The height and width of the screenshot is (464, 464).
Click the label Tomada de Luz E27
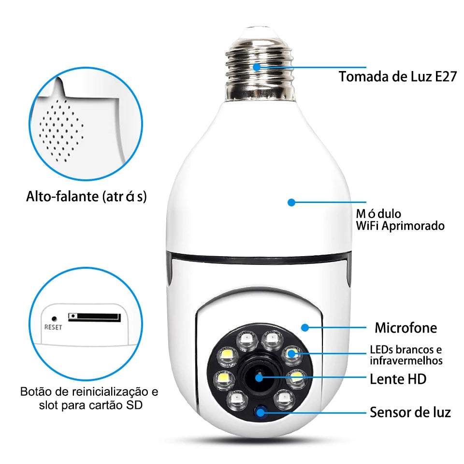coord(397,76)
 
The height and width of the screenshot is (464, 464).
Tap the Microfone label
coord(406,328)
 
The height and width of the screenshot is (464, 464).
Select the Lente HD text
coord(398,379)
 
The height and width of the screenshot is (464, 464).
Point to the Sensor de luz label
coord(410,412)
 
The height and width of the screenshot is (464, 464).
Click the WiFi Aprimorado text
coord(400,225)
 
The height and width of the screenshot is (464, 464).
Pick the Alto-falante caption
coord(87,197)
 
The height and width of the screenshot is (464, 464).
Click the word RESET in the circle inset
coord(53,327)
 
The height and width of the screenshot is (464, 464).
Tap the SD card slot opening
coord(94,317)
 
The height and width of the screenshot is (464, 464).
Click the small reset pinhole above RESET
coord(54,319)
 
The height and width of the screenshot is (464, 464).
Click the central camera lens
coord(260,377)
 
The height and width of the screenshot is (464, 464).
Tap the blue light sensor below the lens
coord(261,412)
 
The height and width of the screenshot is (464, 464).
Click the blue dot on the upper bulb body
coord(291,202)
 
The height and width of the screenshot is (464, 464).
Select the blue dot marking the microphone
coord(304,328)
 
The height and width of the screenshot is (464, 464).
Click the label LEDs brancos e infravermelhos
coord(406,355)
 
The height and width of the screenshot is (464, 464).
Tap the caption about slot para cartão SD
coord(89,398)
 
